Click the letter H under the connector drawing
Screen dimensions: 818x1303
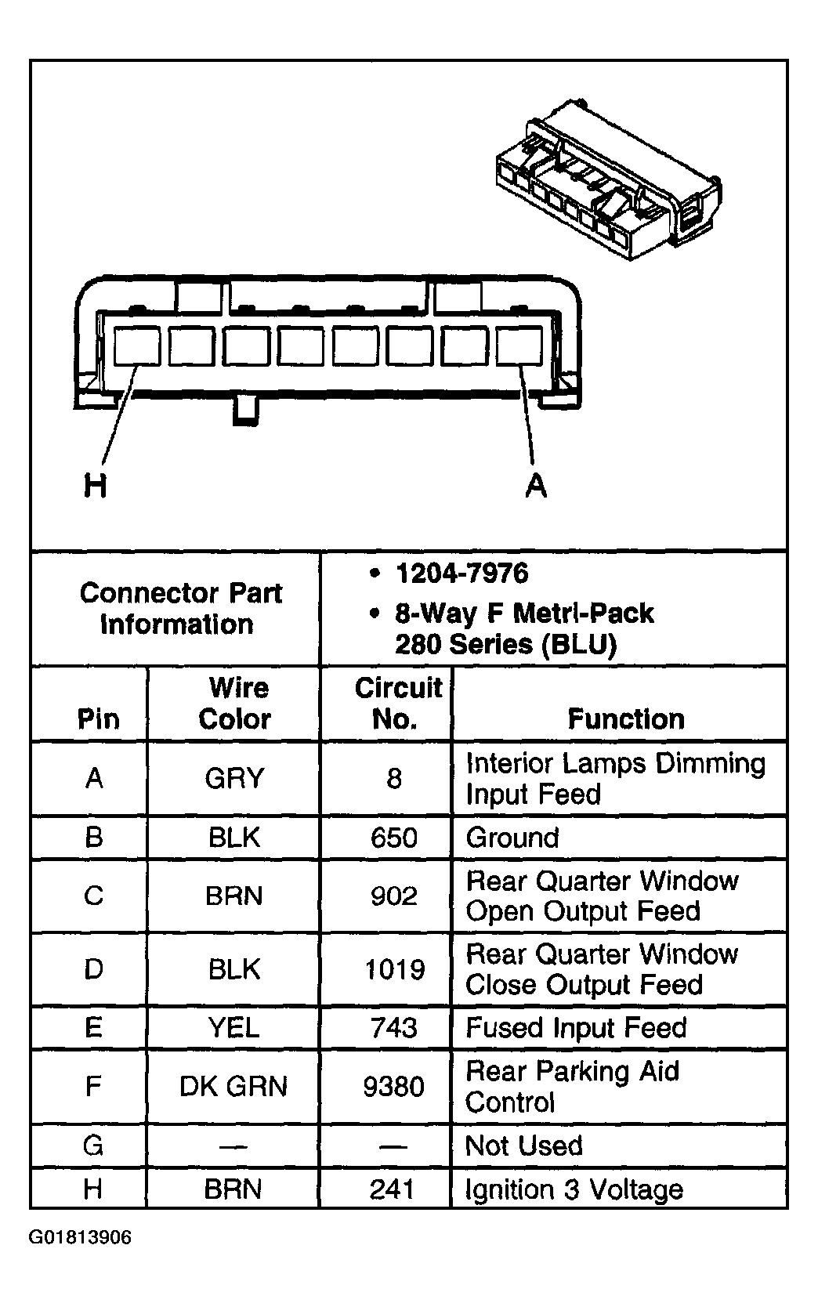point(95,486)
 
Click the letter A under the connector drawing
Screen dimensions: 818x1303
point(536,486)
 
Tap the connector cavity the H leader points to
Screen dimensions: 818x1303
point(137,346)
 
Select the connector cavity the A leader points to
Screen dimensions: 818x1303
point(519,346)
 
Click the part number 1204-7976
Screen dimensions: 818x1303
point(461,574)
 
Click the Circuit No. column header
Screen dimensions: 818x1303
point(396,703)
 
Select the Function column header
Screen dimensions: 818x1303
point(625,718)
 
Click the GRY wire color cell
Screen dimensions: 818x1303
point(234,778)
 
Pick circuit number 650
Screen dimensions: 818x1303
point(393,838)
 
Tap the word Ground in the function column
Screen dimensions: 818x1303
point(512,838)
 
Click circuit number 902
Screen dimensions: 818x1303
point(393,896)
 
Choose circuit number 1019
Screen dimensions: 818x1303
point(394,969)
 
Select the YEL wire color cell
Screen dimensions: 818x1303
point(234,1027)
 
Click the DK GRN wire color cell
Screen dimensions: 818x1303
point(233,1086)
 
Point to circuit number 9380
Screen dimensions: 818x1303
point(393,1086)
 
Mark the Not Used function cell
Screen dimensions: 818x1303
point(523,1146)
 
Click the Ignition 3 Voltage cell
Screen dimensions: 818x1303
point(574,1189)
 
